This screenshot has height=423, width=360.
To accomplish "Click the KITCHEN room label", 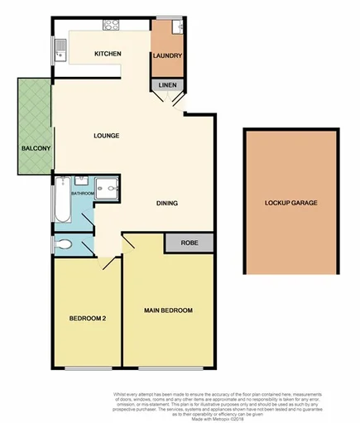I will [x=108, y=54].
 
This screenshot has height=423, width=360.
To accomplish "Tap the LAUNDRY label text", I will [x=166, y=56].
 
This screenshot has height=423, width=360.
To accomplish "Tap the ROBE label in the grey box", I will [x=188, y=243].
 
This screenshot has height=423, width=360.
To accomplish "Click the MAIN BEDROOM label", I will [x=168, y=310].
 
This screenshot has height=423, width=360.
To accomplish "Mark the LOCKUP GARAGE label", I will [x=290, y=203].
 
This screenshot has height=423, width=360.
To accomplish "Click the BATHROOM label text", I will [x=82, y=194].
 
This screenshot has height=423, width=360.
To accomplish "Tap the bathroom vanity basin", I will [x=81, y=180].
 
